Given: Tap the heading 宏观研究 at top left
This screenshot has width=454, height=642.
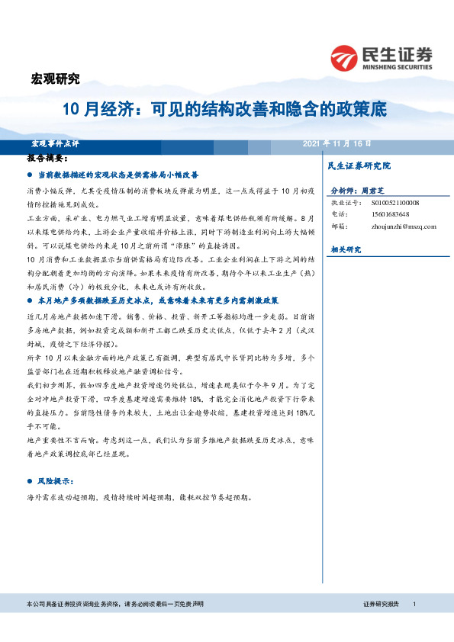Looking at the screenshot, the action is tap(54, 78).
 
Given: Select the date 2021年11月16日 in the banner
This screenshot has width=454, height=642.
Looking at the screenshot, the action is tap(336, 143).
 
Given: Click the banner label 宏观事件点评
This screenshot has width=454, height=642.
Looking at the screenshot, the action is tap(55, 143).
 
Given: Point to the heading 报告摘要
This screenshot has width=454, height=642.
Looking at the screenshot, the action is tap(47, 159).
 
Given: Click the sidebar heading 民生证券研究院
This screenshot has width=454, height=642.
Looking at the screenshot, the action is tap(359, 165).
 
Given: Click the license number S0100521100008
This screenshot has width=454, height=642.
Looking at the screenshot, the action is tap(402, 203).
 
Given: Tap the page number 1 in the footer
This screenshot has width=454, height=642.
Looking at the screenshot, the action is tap(413, 604).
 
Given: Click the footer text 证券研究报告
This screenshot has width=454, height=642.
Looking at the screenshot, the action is tap(381, 604).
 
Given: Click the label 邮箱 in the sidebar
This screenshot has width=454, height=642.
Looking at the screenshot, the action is tap(338, 226).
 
